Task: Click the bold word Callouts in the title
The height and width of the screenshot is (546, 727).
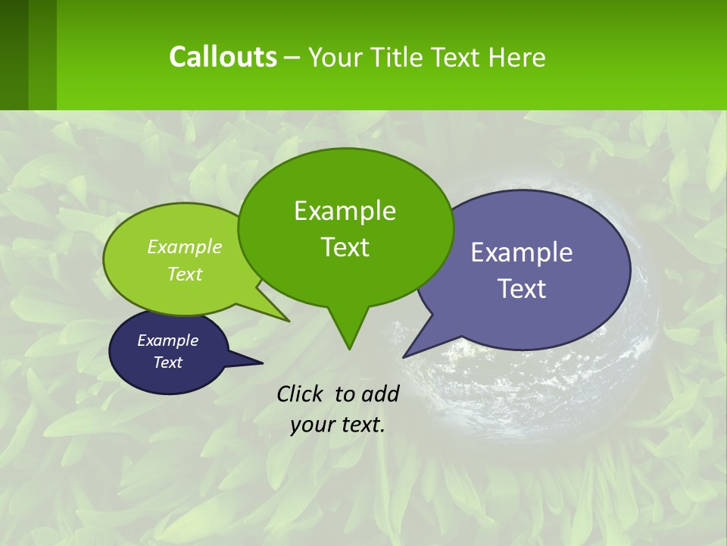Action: pos(223,57)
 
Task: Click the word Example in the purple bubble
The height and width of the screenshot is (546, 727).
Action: pos(522,253)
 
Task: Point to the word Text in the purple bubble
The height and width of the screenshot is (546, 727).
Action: pos(522,289)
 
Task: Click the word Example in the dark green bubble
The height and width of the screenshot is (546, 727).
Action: pos(345,211)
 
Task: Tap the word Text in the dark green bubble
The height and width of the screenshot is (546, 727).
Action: pos(345,247)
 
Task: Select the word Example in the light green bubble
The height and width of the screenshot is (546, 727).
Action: pos(185,247)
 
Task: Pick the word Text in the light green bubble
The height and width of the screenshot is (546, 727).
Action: pos(185,274)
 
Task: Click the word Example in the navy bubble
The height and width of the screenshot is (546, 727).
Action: pos(168,340)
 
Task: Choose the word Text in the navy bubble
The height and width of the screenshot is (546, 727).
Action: pos(168,362)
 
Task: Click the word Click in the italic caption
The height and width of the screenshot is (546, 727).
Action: pos(301,394)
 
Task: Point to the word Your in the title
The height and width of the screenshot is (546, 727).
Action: pos(334,57)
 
